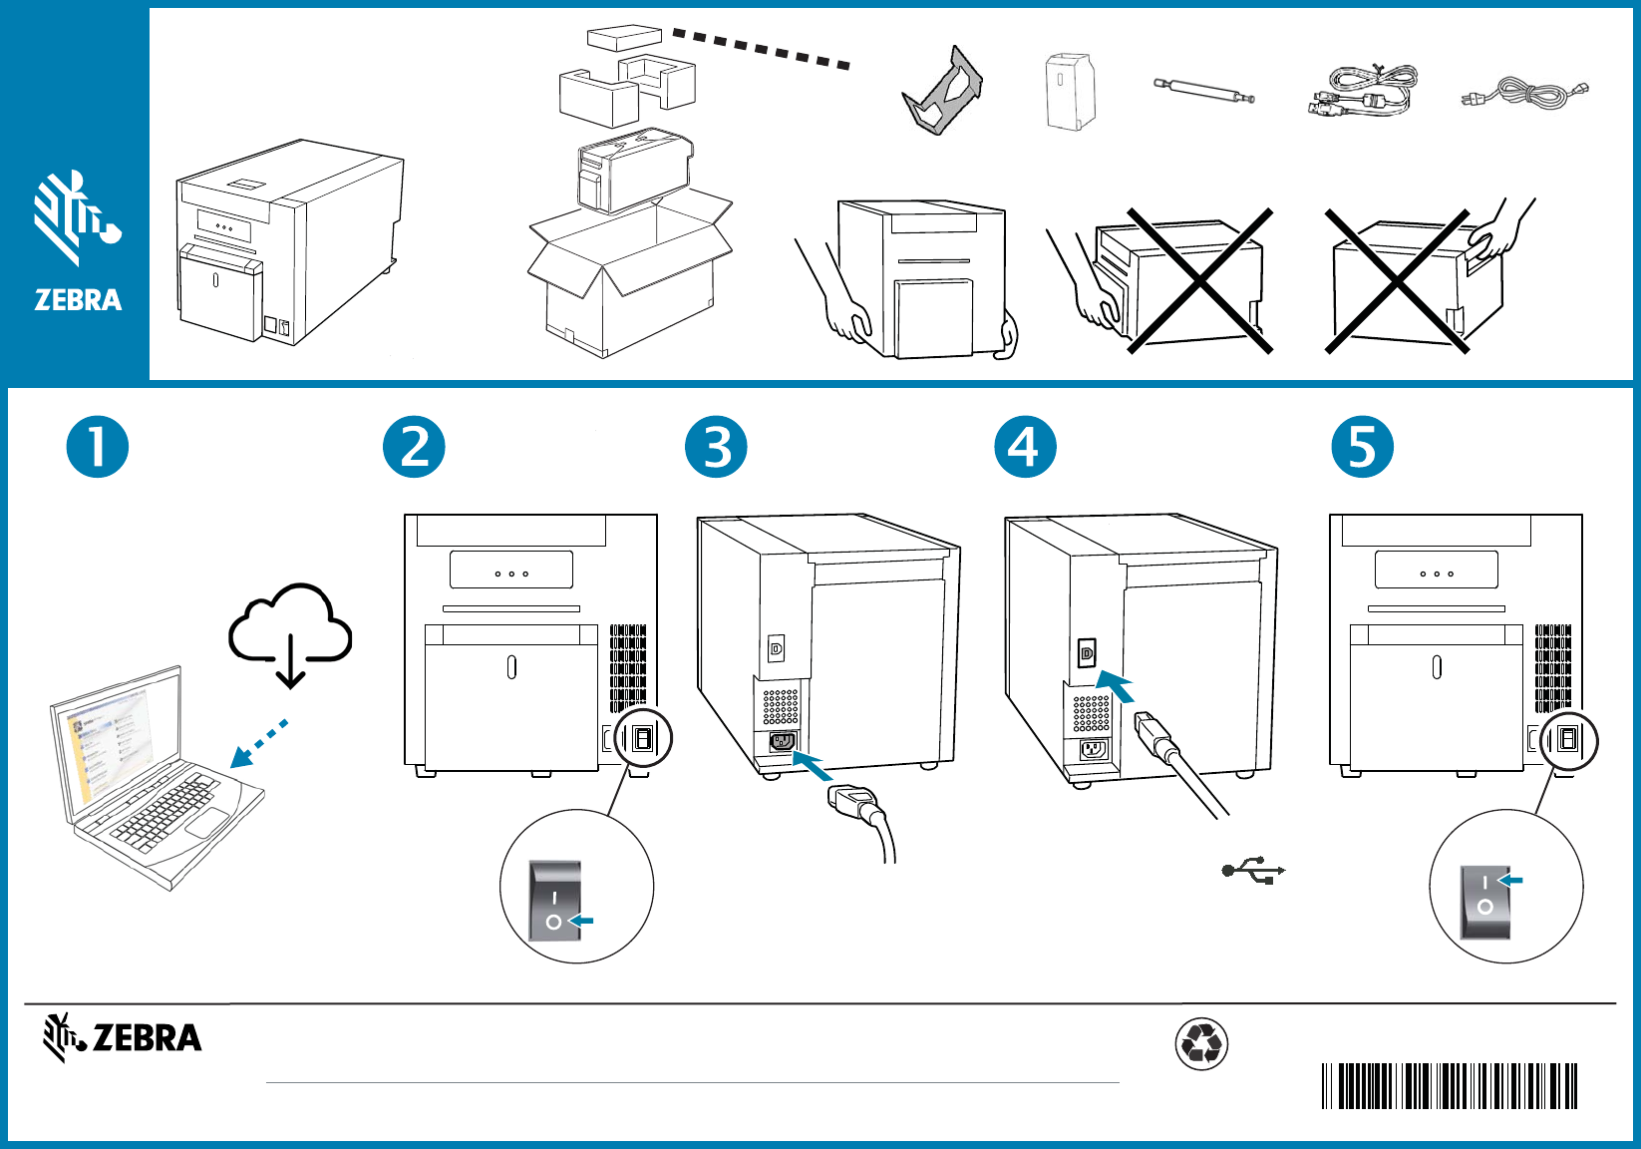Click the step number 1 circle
pos(98,447)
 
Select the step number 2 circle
pos(414,447)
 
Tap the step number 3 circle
pos(716,447)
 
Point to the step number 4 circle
pos(1025,447)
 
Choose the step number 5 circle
pos(1362,447)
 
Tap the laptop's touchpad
pos(207,824)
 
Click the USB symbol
pos(1253,871)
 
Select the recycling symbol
pos(1201,1044)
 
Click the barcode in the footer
pos(1450,1086)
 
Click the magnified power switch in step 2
pos(555,902)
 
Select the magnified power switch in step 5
pos(1485,902)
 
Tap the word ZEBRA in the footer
pos(148,1038)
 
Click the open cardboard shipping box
pos(628,274)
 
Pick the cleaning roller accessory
pos(1203,90)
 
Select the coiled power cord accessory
pos(1524,93)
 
